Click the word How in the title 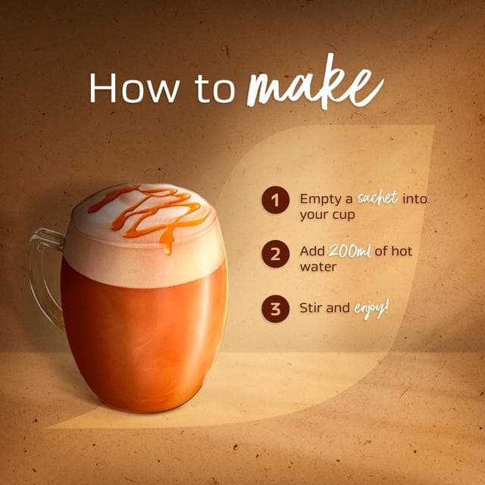tap(135, 88)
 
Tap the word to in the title tap(214, 89)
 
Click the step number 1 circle tap(275, 200)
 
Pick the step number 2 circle tap(275, 254)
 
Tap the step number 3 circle tap(275, 308)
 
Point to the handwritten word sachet tap(377, 197)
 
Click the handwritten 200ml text tap(349, 251)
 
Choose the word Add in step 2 tap(311, 251)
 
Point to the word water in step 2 tap(318, 267)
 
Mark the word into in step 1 tap(415, 199)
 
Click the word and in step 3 tap(338, 308)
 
